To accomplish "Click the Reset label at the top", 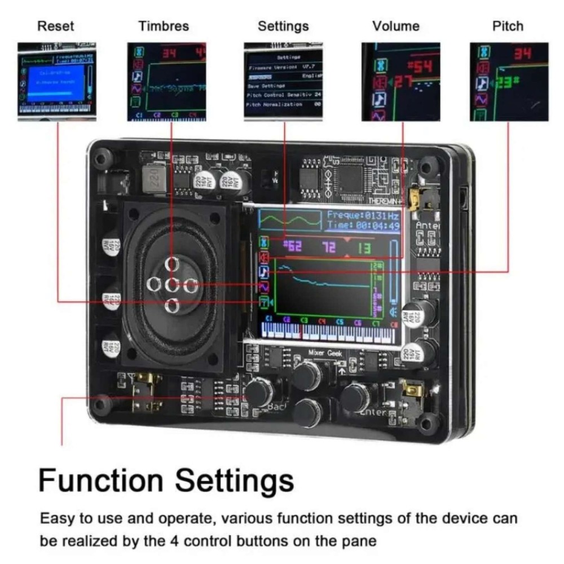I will (x=55, y=26).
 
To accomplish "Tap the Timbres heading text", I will (x=164, y=26).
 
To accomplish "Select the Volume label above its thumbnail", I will (x=396, y=26).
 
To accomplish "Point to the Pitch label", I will (x=508, y=26).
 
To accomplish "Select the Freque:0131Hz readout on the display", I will (x=363, y=215).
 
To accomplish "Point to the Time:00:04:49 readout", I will (x=363, y=226).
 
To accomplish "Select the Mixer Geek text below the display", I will (x=325, y=353).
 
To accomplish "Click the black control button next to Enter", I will (x=355, y=397).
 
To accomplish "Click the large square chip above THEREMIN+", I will (x=349, y=179).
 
